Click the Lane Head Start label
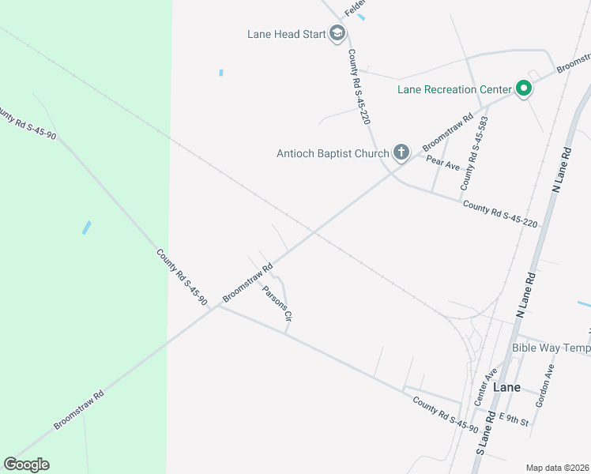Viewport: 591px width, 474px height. (x=286, y=34)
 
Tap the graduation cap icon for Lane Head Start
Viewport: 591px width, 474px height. (x=337, y=33)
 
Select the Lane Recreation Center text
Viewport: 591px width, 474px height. (x=454, y=89)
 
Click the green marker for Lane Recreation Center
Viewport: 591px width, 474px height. (x=522, y=88)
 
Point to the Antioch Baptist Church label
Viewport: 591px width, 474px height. (x=332, y=153)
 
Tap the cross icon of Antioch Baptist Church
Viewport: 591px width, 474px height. (x=401, y=152)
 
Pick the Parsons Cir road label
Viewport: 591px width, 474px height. (x=278, y=303)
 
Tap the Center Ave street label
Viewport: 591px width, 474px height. (x=485, y=386)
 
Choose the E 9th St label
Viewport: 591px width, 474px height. (x=514, y=419)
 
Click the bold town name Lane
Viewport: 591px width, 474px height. (x=506, y=388)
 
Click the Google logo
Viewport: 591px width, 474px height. (x=26, y=465)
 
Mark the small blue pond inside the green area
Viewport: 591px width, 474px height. (x=86, y=228)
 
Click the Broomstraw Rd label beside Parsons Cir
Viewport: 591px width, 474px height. (x=247, y=283)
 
